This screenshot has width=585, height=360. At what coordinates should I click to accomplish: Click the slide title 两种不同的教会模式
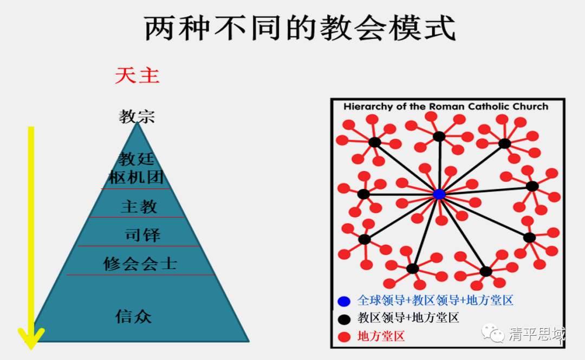[300, 29]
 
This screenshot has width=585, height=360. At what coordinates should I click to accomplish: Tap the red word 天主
[137, 75]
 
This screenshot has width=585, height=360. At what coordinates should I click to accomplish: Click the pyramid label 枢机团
[136, 177]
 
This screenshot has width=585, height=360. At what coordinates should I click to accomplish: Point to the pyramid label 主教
[139, 206]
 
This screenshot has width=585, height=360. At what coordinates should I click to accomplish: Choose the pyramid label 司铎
[142, 235]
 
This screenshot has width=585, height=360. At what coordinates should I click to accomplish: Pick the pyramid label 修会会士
[140, 264]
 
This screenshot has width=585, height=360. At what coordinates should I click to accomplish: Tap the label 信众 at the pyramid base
[133, 316]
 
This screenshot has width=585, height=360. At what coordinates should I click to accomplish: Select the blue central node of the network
[439, 194]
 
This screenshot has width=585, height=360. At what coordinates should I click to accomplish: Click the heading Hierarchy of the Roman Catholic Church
[446, 107]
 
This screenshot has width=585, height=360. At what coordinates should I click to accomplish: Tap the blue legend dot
[343, 301]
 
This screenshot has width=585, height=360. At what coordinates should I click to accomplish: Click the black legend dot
[343, 318]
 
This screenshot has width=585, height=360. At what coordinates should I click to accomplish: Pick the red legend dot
[343, 337]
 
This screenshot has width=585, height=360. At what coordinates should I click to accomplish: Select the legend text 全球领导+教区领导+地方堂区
[435, 300]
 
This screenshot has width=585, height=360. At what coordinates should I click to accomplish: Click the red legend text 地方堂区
[381, 336]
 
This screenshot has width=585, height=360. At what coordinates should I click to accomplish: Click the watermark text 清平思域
[536, 334]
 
